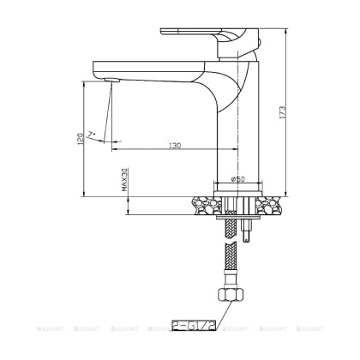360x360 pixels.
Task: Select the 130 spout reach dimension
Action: (174, 146)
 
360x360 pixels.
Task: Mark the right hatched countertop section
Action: (268, 206)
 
